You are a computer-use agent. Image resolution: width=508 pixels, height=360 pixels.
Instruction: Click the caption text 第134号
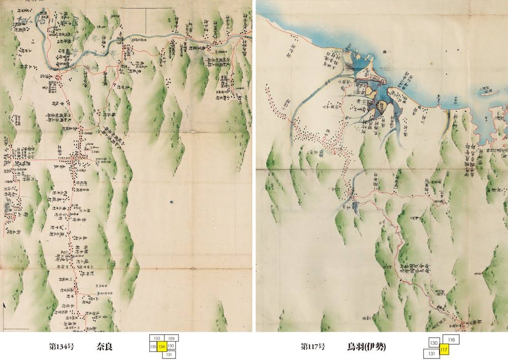[x=59, y=347]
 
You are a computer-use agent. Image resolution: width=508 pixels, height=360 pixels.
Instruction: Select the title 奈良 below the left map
[x=104, y=347]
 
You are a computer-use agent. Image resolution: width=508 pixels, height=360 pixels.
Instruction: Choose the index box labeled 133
[x=157, y=338]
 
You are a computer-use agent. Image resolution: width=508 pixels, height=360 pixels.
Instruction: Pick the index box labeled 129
[x=172, y=338]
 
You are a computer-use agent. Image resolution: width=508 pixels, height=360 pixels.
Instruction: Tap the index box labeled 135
[x=153, y=346]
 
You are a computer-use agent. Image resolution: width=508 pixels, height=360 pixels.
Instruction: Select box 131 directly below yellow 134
[x=168, y=354]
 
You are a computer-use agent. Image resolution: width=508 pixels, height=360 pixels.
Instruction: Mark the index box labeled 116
[x=451, y=339]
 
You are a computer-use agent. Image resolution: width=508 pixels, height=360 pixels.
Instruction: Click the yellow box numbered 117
[x=444, y=350]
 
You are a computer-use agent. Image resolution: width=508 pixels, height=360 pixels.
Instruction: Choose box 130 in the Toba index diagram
[x=434, y=344]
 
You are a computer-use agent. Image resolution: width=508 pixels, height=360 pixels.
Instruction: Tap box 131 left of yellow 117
[x=431, y=353]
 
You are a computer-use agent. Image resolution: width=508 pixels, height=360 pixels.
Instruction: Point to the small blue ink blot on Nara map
[x=172, y=202]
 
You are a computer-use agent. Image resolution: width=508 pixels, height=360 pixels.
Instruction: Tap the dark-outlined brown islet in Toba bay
[x=372, y=95]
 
